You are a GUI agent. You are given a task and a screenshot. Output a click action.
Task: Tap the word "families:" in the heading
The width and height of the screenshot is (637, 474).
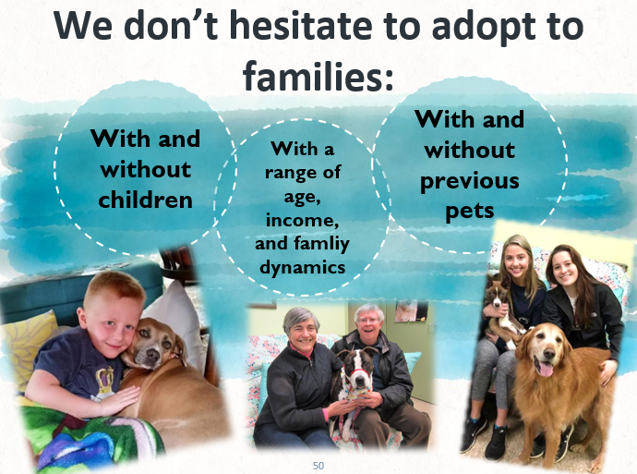coord(318,76)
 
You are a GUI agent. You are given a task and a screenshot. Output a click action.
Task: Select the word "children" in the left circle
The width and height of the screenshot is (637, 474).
coord(146,200)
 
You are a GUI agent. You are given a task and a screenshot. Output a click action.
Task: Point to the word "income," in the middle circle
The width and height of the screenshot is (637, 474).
coord(302,220)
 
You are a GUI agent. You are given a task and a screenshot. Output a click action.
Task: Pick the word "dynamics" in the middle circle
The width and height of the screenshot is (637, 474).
coord(302,267)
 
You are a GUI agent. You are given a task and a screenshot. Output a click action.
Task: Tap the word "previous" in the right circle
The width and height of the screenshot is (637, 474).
coord(470,181)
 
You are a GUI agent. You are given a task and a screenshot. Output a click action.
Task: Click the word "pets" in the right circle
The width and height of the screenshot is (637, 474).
coord(470,211)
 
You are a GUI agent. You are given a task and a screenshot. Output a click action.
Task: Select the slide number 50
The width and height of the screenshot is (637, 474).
coord(318,466)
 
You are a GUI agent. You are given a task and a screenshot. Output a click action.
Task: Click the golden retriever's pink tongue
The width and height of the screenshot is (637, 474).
coord(546,369)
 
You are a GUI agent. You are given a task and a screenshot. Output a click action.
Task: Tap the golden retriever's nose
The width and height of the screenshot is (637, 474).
coord(547,352)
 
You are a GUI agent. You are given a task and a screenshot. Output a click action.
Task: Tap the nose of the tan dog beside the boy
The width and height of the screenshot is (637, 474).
coord(153,355)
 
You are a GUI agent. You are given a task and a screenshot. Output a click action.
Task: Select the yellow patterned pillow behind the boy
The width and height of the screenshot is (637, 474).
coord(30,346)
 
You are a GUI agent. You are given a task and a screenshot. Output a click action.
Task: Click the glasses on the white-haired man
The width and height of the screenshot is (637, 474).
coord(369,321)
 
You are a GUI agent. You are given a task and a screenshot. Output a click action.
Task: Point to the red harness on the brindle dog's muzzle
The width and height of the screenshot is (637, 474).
coord(356,372)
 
